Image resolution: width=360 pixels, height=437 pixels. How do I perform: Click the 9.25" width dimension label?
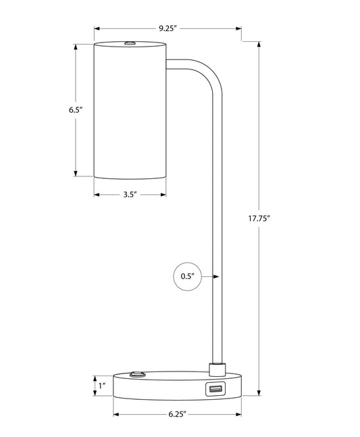(x=168, y=28)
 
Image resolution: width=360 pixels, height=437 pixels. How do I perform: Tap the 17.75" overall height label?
(x=259, y=218)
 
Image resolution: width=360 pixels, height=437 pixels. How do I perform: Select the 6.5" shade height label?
(x=76, y=110)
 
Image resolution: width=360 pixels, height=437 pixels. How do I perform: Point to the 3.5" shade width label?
(x=130, y=195)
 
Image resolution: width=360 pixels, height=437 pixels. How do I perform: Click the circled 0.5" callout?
(x=188, y=276)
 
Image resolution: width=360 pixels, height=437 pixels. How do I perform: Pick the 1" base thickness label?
(x=102, y=386)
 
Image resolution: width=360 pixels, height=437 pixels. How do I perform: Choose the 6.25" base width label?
(x=177, y=414)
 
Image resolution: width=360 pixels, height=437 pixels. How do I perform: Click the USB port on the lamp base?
(x=215, y=388)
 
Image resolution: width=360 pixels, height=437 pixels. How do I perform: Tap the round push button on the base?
(x=137, y=374)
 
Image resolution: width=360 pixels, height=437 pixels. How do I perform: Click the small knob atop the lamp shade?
(x=130, y=43)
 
